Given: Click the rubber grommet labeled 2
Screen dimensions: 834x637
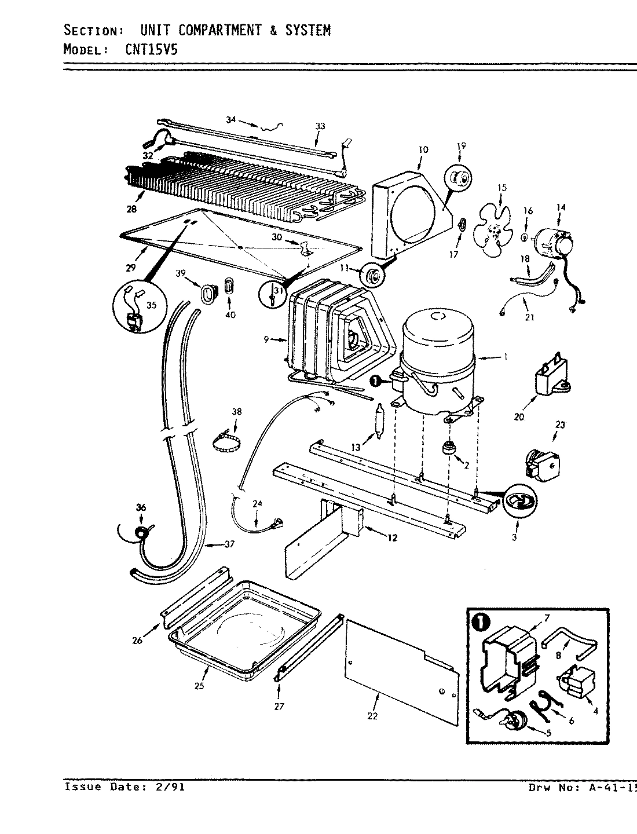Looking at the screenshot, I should coord(448,448).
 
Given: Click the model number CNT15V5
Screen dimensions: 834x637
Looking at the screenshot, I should coord(151,50).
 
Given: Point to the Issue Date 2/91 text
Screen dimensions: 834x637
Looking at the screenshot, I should coord(125,787).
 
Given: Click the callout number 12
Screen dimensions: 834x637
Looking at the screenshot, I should coord(393,538).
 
